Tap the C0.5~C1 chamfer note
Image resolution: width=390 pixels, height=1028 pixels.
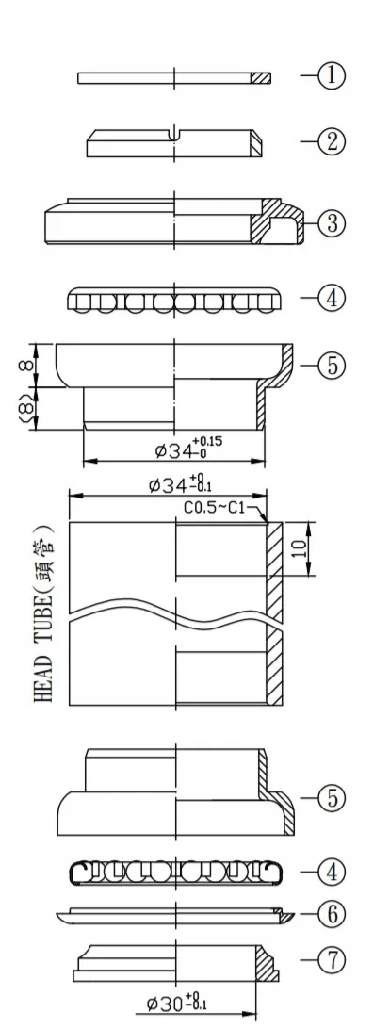pyautogui.click(x=214, y=509)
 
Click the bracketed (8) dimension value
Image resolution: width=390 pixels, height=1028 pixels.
pyautogui.click(x=26, y=409)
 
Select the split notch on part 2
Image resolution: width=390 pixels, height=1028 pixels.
pyautogui.click(x=176, y=135)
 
